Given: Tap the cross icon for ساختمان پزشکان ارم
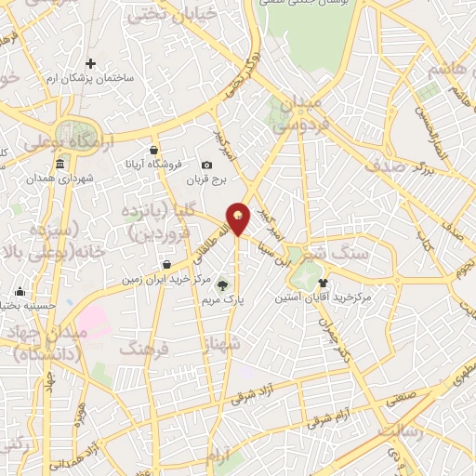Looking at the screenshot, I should coord(90,64).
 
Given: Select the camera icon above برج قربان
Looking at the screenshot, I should coord(206,165).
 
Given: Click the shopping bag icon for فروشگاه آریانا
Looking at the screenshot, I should coord(154,150).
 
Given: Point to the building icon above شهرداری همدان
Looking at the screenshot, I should coord(59,165).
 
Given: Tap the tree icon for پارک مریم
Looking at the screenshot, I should coord(220,284).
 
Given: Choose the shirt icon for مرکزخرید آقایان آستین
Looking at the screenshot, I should coord(323,283).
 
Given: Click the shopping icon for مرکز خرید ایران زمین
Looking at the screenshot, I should coord(165,264).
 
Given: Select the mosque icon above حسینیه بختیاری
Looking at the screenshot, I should coord(20,290).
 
